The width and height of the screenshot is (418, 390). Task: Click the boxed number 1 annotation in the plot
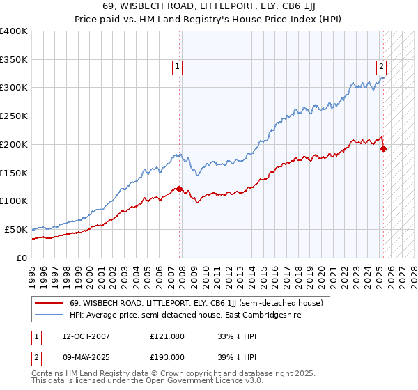[178, 67]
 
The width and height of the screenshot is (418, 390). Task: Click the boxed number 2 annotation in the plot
[382, 67]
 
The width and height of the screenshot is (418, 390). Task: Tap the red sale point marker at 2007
[179, 189]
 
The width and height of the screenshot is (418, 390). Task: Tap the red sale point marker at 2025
[384, 148]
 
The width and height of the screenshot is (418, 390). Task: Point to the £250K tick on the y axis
[14, 116]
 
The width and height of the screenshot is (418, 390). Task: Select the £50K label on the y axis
[16, 229]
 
